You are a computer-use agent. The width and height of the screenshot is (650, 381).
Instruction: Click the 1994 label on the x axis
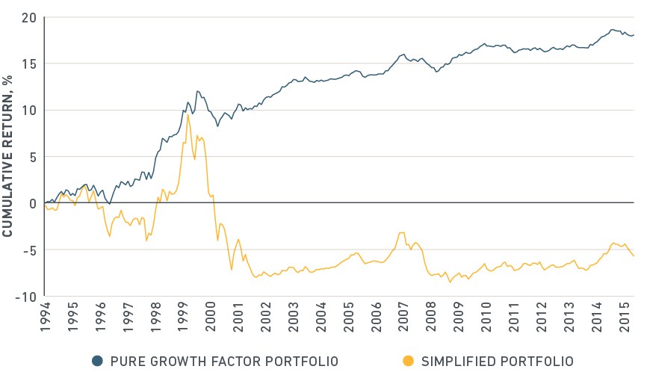pyautogui.click(x=45, y=317)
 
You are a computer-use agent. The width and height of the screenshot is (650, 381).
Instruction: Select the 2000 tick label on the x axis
pyautogui.click(x=211, y=317)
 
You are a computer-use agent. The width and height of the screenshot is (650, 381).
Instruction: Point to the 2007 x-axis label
pyautogui.click(x=403, y=317)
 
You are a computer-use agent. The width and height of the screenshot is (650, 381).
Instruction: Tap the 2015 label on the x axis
pyautogui.click(x=625, y=317)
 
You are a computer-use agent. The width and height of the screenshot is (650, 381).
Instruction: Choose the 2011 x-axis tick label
pyautogui.click(x=514, y=317)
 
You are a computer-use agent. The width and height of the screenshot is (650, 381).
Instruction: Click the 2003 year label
pyautogui.click(x=294, y=317)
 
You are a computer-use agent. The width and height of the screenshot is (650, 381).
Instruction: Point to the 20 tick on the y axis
pyautogui.click(x=29, y=18)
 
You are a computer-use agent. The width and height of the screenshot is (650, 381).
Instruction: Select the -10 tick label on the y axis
pyautogui.click(x=25, y=297)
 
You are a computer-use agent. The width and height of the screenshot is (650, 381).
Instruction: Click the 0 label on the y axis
pyautogui.click(x=33, y=203)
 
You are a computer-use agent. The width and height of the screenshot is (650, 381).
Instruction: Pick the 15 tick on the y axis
pyautogui.click(x=29, y=64)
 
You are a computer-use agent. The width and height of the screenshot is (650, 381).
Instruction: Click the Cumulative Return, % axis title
pyautogui.click(x=7, y=156)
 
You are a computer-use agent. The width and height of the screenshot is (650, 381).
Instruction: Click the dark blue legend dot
pyautogui.click(x=97, y=361)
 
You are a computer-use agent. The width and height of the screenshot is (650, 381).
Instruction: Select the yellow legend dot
pyautogui.click(x=409, y=361)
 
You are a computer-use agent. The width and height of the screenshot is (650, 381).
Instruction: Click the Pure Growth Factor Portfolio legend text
pyautogui.click(x=224, y=362)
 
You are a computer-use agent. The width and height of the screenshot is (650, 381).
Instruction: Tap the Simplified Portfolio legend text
pyautogui.click(x=498, y=362)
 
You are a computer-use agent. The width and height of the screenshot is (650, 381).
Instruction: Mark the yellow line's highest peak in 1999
pyautogui.click(x=188, y=114)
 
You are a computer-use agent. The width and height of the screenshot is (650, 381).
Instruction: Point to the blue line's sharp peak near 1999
pyautogui.click(x=197, y=91)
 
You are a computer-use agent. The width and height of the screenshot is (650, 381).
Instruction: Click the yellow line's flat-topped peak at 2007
pyautogui.click(x=401, y=233)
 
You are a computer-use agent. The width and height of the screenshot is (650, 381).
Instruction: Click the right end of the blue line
pyautogui.click(x=634, y=35)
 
